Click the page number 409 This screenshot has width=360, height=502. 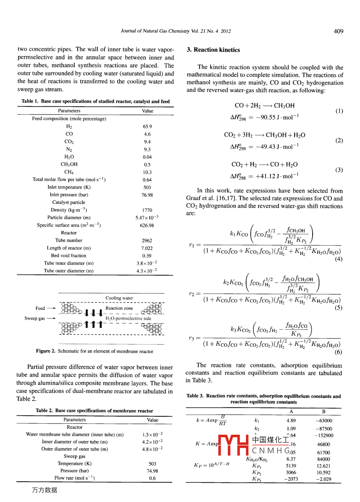click(338, 31)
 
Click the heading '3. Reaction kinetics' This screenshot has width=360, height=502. click(213, 50)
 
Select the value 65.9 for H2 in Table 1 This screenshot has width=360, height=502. click(147, 126)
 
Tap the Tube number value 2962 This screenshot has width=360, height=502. click(147, 241)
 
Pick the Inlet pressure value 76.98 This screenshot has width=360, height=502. click(147, 195)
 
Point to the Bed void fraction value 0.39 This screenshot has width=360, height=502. click(147, 256)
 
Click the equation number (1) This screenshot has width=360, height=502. click(339, 111)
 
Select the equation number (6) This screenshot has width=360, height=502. click(338, 352)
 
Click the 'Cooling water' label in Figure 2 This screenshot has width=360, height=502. click(119, 298)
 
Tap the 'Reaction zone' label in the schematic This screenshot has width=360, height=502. click(119, 308)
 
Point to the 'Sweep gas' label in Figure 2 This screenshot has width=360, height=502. click(35, 318)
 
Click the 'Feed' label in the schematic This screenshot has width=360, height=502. click(40, 308)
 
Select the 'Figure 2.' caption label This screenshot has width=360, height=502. click(46, 351)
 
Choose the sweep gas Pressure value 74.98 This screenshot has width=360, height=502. click(152, 471)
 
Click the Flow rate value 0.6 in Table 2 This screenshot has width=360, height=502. click(152, 478)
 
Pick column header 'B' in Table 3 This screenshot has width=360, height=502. click(324, 412)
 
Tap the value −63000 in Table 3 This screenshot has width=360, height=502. click(324, 421)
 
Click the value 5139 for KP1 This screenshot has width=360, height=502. click(291, 466)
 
